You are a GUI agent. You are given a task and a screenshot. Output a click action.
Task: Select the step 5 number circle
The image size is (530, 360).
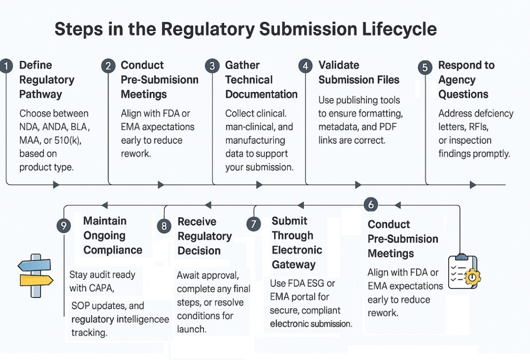425,67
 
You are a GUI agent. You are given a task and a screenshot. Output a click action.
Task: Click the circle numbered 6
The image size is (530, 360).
370,204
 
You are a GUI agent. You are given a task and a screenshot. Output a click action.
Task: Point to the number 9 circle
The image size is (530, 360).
64,226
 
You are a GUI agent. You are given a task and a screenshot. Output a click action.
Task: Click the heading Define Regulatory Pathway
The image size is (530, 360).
47,80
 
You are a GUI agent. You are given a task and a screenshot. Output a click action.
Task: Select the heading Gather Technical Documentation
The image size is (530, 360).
261,80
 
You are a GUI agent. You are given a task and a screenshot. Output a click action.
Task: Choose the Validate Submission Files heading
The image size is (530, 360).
359,72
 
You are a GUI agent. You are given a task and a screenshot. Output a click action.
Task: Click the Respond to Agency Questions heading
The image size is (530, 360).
466,80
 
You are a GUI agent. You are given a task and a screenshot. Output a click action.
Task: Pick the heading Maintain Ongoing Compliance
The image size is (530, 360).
112,235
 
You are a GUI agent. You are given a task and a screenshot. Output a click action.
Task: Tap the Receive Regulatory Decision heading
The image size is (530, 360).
204,236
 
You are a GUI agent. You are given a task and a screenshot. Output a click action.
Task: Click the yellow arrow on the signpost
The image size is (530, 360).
36,280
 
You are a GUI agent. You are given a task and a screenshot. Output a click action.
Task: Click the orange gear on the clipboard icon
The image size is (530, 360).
472,277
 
